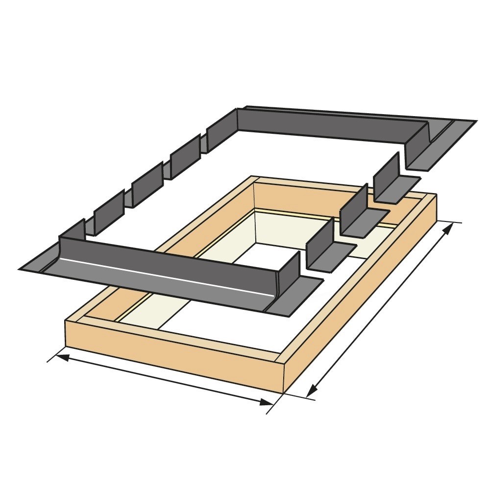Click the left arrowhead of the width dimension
[59, 356]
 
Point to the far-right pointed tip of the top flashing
[474, 121]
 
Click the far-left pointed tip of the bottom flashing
[21, 269]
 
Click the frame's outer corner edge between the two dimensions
[284, 377]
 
